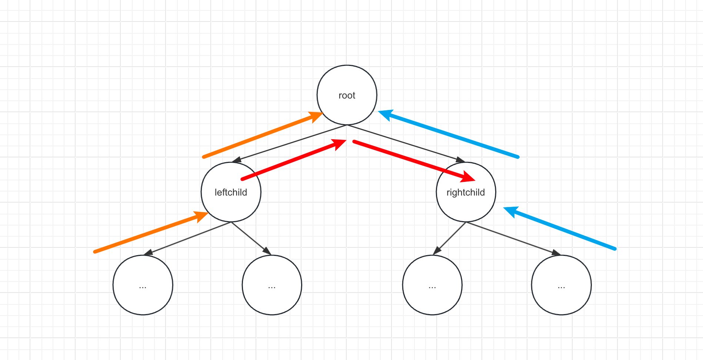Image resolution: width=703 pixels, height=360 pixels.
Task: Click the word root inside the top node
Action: coord(347,96)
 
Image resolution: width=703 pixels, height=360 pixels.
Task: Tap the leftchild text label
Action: coord(231,193)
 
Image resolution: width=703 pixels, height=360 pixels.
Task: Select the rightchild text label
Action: coord(466,193)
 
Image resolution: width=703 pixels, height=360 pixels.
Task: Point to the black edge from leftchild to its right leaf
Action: coord(250,238)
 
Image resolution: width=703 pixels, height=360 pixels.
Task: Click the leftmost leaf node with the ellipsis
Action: coord(143,285)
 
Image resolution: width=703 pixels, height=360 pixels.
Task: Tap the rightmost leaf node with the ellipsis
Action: coord(561,285)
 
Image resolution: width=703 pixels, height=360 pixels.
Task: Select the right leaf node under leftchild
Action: coord(272,285)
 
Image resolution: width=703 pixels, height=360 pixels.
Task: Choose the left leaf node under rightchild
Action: coord(432,285)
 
